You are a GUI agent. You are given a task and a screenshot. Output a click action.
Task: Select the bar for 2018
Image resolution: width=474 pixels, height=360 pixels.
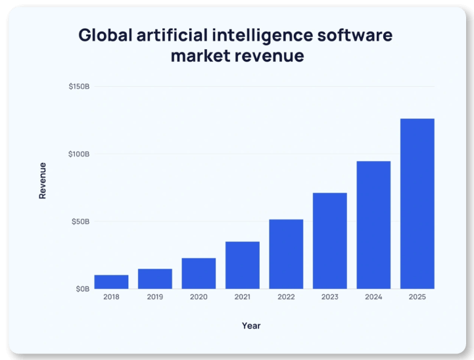111,282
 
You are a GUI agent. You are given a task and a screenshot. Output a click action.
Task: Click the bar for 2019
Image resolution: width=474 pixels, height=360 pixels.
155,279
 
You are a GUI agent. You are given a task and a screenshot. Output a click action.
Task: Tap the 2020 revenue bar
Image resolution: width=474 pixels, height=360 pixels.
199,273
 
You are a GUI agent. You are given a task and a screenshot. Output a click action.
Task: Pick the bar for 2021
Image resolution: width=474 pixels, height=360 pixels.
243,265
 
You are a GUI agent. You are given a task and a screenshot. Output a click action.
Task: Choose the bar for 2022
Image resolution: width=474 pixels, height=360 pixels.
286,254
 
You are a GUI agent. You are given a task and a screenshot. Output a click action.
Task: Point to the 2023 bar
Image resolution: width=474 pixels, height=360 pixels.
330,241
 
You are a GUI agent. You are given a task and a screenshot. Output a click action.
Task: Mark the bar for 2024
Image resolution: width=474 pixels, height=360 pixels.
373,225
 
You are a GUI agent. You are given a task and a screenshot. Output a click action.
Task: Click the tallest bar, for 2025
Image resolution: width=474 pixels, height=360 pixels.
417,204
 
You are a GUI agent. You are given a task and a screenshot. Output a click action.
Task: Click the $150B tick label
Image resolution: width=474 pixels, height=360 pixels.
79,87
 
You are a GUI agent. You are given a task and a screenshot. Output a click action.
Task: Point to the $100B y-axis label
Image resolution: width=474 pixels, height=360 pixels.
79,154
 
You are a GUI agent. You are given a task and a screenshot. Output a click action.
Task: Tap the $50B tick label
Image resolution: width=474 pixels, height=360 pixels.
80,221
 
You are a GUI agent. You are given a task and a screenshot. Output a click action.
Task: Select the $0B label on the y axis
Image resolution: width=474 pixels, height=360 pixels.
82,289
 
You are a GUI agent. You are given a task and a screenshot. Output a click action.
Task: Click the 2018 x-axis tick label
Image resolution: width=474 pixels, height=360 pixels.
111,298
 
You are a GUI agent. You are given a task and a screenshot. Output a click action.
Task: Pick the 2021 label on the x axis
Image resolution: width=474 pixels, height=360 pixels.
243,298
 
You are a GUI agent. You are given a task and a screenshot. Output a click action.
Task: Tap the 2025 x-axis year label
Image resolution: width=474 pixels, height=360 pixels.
417,298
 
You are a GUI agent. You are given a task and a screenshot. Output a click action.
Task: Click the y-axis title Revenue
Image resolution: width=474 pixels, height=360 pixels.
43,180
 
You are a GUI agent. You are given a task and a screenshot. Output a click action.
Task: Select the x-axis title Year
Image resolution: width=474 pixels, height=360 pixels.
251,326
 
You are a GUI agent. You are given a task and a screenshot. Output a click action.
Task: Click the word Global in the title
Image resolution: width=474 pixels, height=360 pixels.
105,35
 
